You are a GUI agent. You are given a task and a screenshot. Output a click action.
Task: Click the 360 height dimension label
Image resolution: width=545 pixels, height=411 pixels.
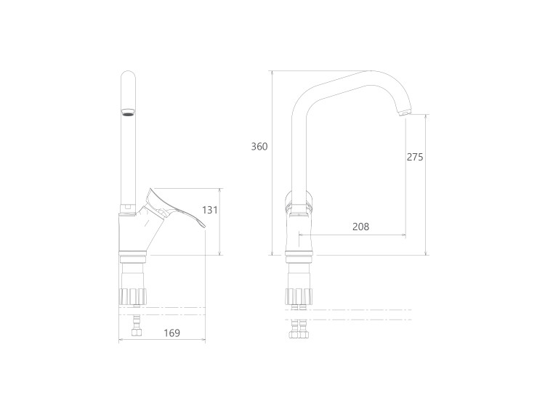pos(259,147)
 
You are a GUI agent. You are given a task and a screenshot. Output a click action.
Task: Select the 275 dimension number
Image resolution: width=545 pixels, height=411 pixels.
pos(415,157)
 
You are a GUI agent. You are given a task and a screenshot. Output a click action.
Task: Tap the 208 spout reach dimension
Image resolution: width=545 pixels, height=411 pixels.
pos(360,227)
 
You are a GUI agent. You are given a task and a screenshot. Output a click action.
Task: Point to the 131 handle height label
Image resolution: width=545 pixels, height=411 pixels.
pos(210,210)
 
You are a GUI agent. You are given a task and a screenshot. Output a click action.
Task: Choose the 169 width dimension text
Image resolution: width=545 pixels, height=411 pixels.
pos(172,333)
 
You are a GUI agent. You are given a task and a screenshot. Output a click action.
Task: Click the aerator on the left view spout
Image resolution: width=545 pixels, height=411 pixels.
pos(128,113)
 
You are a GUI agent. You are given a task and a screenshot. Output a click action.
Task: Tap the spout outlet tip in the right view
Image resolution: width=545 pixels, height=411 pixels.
pos(405,113)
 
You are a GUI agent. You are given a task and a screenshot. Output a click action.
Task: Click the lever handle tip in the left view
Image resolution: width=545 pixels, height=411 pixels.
pos(203,226)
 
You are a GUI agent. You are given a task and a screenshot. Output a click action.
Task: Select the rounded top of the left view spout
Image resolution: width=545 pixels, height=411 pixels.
pos(128,76)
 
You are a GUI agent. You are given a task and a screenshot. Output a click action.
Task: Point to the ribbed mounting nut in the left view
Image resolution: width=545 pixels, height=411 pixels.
pos(132,296)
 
